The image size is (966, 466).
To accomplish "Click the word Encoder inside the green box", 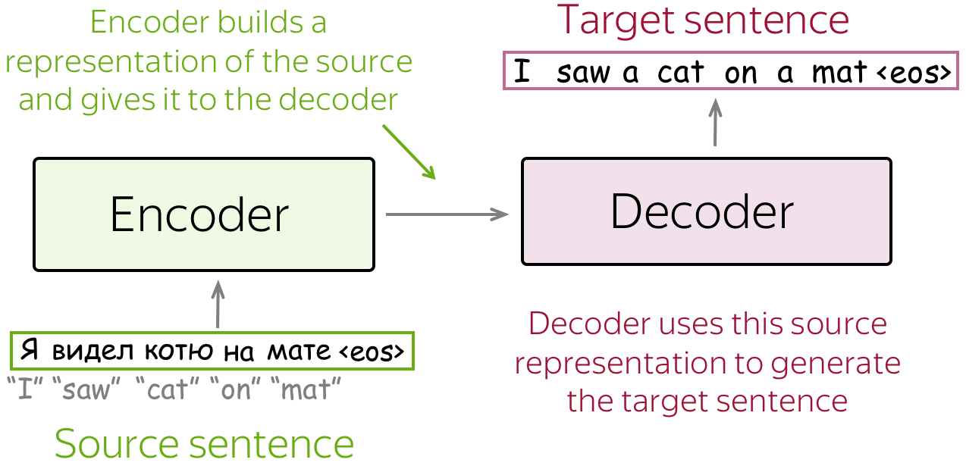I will (x=199, y=215).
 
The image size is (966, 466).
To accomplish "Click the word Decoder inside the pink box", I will (x=702, y=212).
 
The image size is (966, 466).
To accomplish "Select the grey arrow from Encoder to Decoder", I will (x=447, y=214).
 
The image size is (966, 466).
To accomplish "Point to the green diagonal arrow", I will (x=409, y=151).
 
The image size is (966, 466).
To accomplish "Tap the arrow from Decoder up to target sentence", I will (x=714, y=123).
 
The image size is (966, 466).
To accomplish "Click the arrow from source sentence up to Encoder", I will (x=218, y=305).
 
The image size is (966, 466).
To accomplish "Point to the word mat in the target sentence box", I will (x=839, y=73).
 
